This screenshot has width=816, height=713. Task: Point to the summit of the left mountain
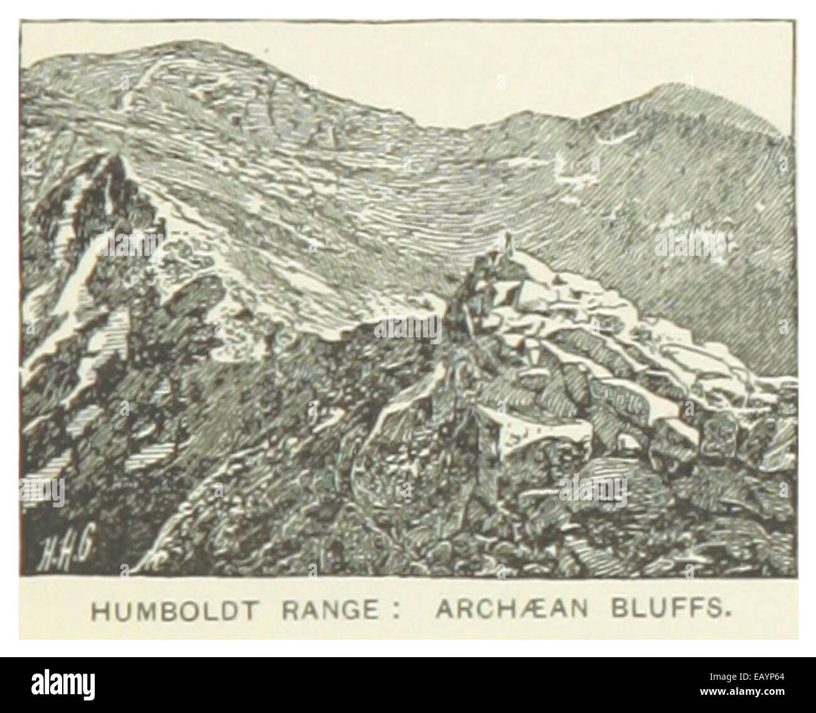[x=182, y=44]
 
